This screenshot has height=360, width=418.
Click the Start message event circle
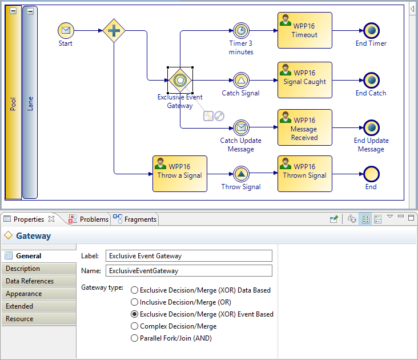(66, 30)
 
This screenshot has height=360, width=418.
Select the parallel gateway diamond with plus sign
(114, 30)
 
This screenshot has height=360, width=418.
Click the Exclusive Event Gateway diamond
(180, 80)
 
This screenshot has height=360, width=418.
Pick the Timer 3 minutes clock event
(241, 30)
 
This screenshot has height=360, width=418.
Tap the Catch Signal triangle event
(241, 80)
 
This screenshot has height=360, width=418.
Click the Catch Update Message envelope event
(241, 127)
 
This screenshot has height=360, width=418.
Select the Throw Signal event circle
(241, 174)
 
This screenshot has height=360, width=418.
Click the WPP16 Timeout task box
(304, 30)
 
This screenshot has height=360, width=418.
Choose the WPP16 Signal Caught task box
(304, 80)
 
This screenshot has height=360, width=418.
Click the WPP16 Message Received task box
(304, 127)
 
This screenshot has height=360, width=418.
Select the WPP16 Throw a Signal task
(179, 174)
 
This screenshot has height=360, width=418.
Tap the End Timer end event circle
(371, 30)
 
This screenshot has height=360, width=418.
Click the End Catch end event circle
(371, 80)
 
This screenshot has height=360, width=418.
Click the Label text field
(189, 256)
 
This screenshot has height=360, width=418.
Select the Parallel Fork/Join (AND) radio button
(135, 338)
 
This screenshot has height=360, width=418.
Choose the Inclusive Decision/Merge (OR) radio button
(135, 302)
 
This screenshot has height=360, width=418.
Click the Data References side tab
(38, 281)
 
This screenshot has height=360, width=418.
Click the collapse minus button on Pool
(13, 11)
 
